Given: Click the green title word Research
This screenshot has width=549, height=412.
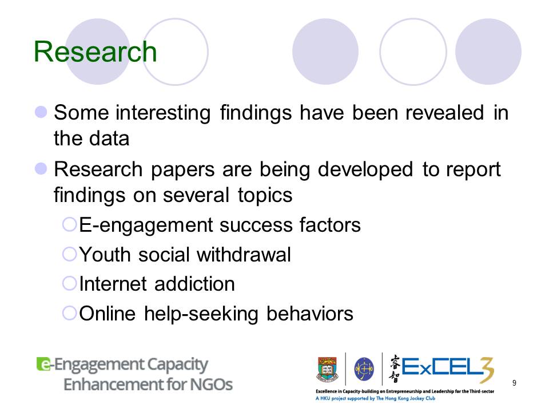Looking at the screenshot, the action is (x=96, y=51).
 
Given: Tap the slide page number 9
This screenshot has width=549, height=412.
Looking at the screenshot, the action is (x=514, y=383).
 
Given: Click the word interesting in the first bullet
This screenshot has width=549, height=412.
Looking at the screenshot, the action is (x=163, y=113).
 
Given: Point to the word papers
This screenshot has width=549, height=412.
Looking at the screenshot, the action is (x=182, y=171).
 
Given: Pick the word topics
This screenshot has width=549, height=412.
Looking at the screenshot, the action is (x=265, y=196).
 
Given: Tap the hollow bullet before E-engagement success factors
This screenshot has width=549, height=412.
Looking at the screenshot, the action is (x=69, y=224).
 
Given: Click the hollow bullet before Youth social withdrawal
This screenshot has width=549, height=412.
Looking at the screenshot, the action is (x=69, y=253).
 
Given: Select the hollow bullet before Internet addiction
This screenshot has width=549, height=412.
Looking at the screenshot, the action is (x=69, y=283).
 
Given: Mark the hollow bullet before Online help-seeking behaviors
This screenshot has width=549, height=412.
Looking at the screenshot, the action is (x=69, y=313).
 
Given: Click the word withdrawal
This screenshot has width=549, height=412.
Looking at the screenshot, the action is (x=244, y=254).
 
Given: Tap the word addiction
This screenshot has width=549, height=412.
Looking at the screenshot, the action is (x=194, y=283).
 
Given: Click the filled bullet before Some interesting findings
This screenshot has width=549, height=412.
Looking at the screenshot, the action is (x=41, y=112).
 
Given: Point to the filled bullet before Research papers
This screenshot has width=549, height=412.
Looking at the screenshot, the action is (x=41, y=168).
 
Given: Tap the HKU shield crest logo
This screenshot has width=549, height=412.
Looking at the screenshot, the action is (x=327, y=369).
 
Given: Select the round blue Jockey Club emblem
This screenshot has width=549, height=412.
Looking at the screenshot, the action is (x=364, y=369).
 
